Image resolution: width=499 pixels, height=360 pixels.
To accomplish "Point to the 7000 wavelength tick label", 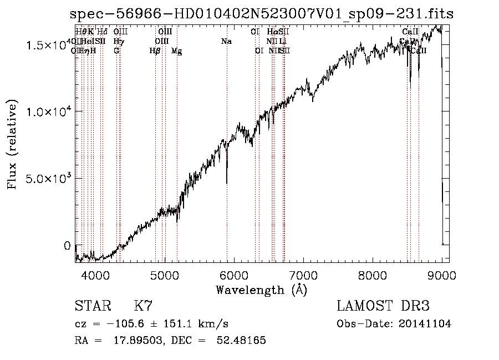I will (303, 275).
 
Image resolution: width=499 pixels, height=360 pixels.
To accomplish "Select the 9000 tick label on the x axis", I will (442, 275).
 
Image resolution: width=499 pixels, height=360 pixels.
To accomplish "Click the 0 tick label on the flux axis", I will (67, 246).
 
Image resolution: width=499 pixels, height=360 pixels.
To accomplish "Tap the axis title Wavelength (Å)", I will (262, 290).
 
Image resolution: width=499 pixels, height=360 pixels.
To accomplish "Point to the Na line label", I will (226, 41).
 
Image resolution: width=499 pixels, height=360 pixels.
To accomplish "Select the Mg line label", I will (177, 51).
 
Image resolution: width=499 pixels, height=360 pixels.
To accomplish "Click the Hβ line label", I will (155, 50).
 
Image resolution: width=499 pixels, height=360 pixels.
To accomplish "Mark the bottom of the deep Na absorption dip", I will (227, 182).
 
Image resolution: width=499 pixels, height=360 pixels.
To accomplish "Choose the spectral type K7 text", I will (143, 306).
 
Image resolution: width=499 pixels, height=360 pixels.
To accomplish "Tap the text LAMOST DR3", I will (383, 306).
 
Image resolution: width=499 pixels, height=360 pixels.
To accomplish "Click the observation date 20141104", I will (427, 324).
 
